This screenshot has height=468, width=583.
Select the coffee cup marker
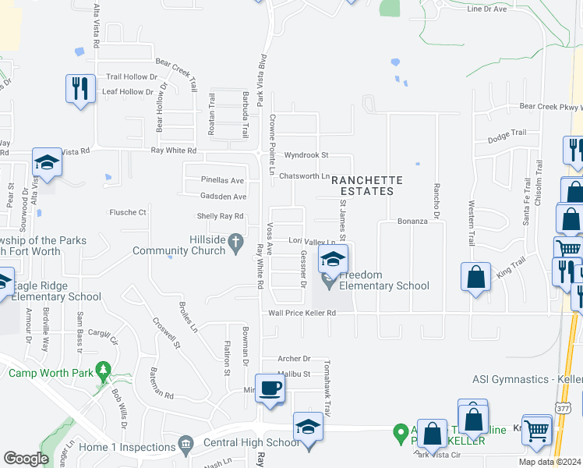tap(270, 388)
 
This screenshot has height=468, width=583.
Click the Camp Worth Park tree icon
tap(102, 371)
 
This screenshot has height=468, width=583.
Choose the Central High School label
tap(239, 443)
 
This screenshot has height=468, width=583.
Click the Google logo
tap(26, 458)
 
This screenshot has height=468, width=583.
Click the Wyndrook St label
tap(306, 155)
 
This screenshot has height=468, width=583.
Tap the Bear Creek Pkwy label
tap(550, 107)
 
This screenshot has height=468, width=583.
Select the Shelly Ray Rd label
tap(221, 216)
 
